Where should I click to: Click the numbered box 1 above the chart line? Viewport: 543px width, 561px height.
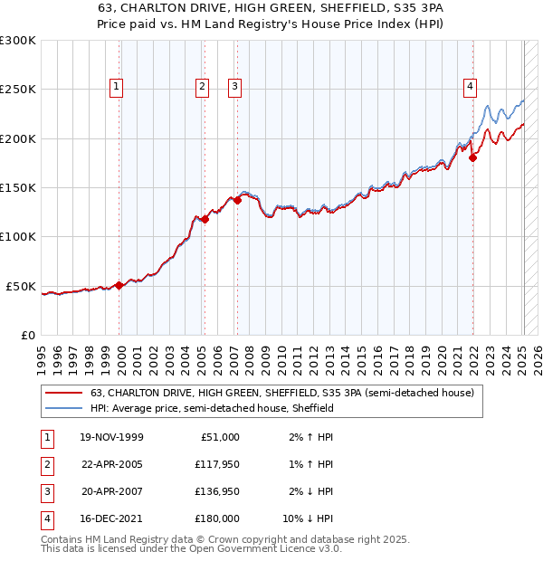coord(118,87)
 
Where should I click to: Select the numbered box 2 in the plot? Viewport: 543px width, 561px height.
coord(201,87)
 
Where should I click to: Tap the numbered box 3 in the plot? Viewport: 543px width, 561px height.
coord(234,87)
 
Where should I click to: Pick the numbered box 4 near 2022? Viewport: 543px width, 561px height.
coord(471,87)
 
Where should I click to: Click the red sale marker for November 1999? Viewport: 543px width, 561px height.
coord(119,285)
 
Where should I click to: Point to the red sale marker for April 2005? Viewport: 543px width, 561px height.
coord(205,218)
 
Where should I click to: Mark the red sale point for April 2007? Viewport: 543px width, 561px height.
coord(237,201)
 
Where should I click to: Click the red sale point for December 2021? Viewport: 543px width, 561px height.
coord(473,158)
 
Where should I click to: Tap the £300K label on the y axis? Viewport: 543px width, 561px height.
coord(18,41)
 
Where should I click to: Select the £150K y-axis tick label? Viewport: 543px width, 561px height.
coord(18,187)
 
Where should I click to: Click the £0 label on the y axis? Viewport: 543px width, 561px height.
coord(27,335)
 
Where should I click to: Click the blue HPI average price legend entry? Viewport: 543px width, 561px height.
coord(212,408)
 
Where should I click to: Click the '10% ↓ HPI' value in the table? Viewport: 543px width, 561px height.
coord(309,518)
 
